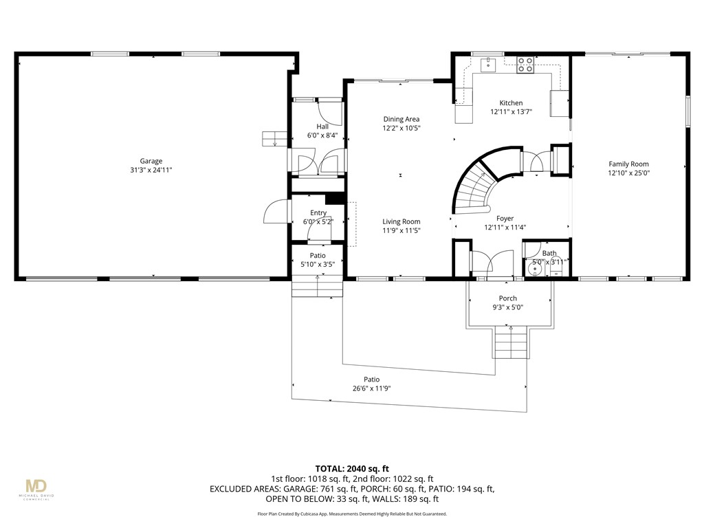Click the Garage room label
[x=151, y=161]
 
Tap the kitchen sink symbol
[x=488, y=65]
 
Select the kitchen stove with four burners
[x=525, y=65]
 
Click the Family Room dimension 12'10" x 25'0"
[x=629, y=173]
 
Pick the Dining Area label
[x=401, y=119]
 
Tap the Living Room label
[x=401, y=221]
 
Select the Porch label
[x=508, y=298]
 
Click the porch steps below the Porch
[x=511, y=342]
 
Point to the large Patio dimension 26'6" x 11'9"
[x=372, y=388]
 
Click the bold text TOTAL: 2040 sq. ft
[x=352, y=469]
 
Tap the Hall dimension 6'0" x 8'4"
[x=322, y=135]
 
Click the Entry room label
[x=318, y=212]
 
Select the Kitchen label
[x=511, y=103]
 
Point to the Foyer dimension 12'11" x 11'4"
[x=505, y=227]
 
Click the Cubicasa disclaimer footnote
[x=352, y=514]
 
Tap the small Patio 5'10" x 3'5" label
[x=318, y=260]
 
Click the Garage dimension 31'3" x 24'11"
[x=151, y=170]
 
